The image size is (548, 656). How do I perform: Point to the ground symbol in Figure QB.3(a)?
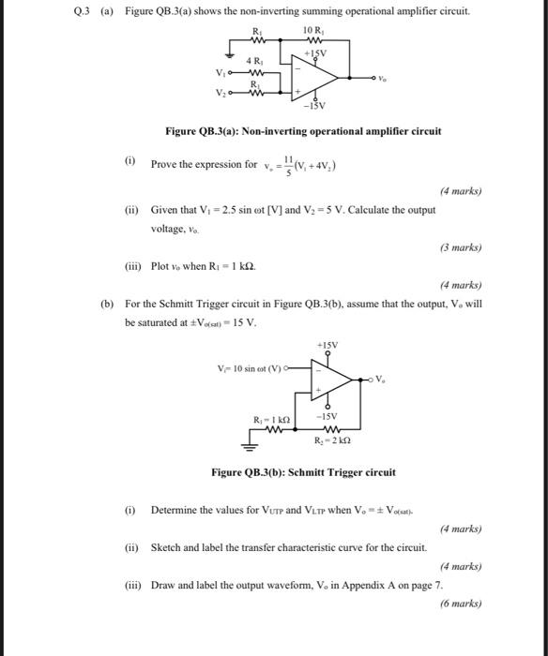tap(236, 56)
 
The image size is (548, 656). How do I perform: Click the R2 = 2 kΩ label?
tap(332, 438)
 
